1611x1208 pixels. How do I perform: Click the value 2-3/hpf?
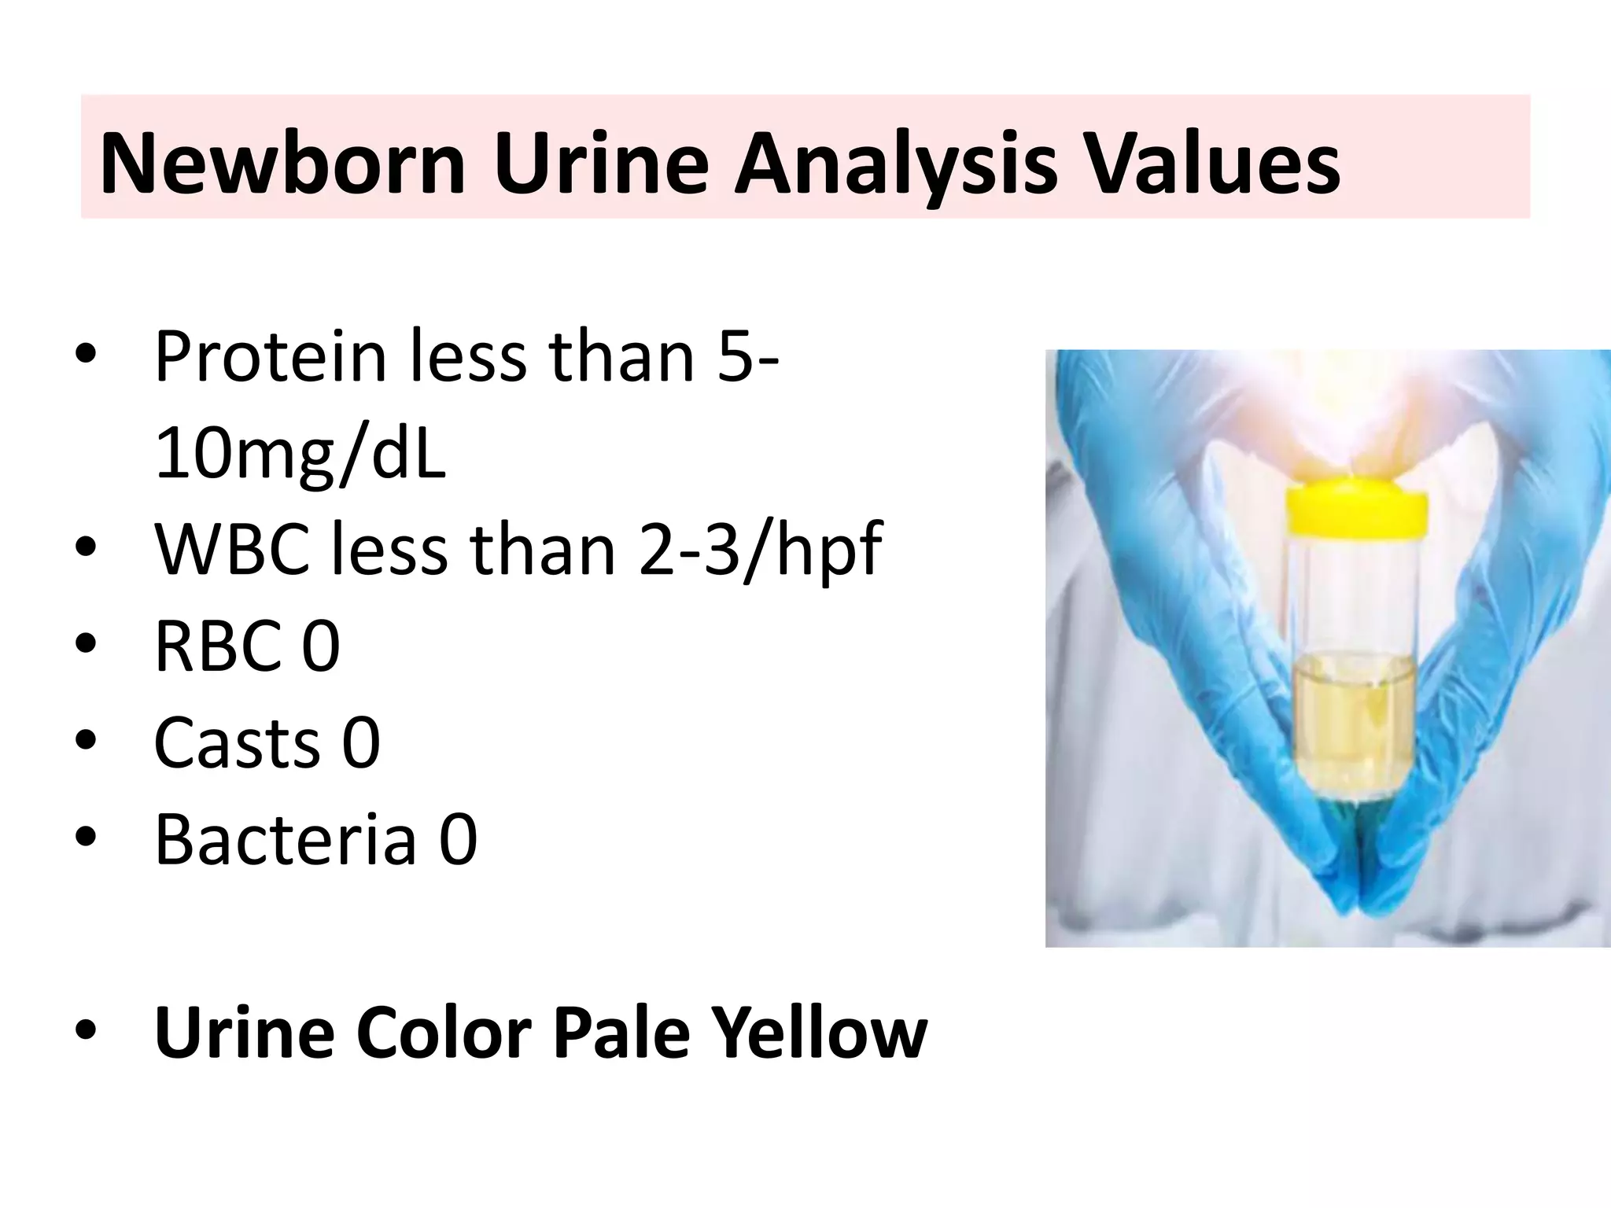760,550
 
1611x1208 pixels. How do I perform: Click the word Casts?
237,742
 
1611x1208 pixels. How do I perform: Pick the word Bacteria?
285,839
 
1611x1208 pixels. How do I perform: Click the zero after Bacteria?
458,839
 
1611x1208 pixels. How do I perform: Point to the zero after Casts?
361,742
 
